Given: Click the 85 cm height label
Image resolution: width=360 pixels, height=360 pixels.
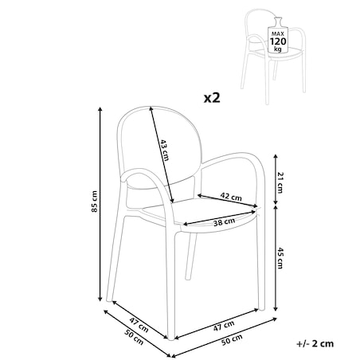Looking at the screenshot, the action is tap(95, 202).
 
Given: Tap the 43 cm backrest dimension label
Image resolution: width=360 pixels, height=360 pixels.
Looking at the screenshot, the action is tap(164, 150).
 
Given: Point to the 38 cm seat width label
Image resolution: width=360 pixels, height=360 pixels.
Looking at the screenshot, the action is tap(225, 222).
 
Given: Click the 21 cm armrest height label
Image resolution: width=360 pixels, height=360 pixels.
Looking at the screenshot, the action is tap(280, 182).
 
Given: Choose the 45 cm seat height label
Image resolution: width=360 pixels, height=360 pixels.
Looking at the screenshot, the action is tap(280, 258).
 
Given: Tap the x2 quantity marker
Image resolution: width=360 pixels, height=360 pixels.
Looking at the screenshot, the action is tap(212, 98).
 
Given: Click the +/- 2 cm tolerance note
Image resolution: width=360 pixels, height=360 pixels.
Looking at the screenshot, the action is tap(315, 343).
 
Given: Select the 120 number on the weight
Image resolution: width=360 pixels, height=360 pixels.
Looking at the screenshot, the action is tap(278, 41).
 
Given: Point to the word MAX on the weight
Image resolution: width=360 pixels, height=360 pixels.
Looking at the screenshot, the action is tap(278, 33).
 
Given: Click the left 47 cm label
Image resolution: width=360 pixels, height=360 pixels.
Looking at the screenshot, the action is tap(139, 325).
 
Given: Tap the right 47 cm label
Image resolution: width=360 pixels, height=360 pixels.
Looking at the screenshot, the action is tap(224, 326).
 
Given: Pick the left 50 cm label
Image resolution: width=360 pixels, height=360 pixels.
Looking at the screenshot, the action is tap(134, 338).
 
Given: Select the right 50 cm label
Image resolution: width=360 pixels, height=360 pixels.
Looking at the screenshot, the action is tap(232, 340).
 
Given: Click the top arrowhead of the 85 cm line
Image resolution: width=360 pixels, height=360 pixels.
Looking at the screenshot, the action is tap(100, 108).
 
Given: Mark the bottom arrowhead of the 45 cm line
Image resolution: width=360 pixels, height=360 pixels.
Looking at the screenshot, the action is tap(276, 309).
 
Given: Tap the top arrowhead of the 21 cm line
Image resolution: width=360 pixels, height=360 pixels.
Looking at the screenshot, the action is tap(276, 156).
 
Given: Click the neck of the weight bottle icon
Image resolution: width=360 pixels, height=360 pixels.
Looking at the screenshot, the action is tap(278, 22).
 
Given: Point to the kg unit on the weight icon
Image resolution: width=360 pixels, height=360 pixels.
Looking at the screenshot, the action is tap(278, 49).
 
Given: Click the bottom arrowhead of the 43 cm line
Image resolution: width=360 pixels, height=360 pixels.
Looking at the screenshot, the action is tap(172, 201).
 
